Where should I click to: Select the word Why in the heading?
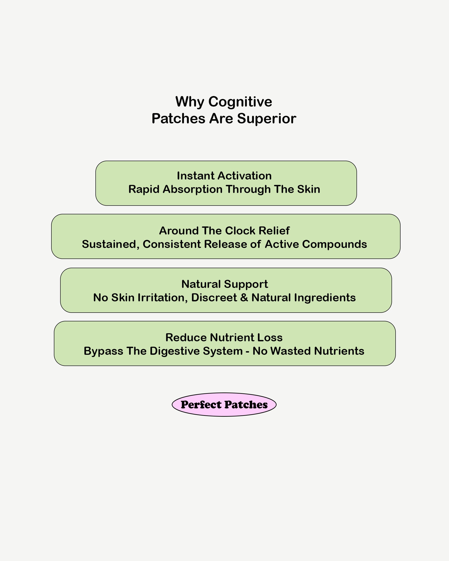pyautogui.click(x=190, y=101)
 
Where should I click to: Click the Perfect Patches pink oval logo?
pyautogui.click(x=224, y=405)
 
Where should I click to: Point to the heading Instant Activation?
pyautogui.click(x=224, y=176)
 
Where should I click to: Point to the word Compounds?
pyautogui.click(x=335, y=244)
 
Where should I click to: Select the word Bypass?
pyautogui.click(x=103, y=351)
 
